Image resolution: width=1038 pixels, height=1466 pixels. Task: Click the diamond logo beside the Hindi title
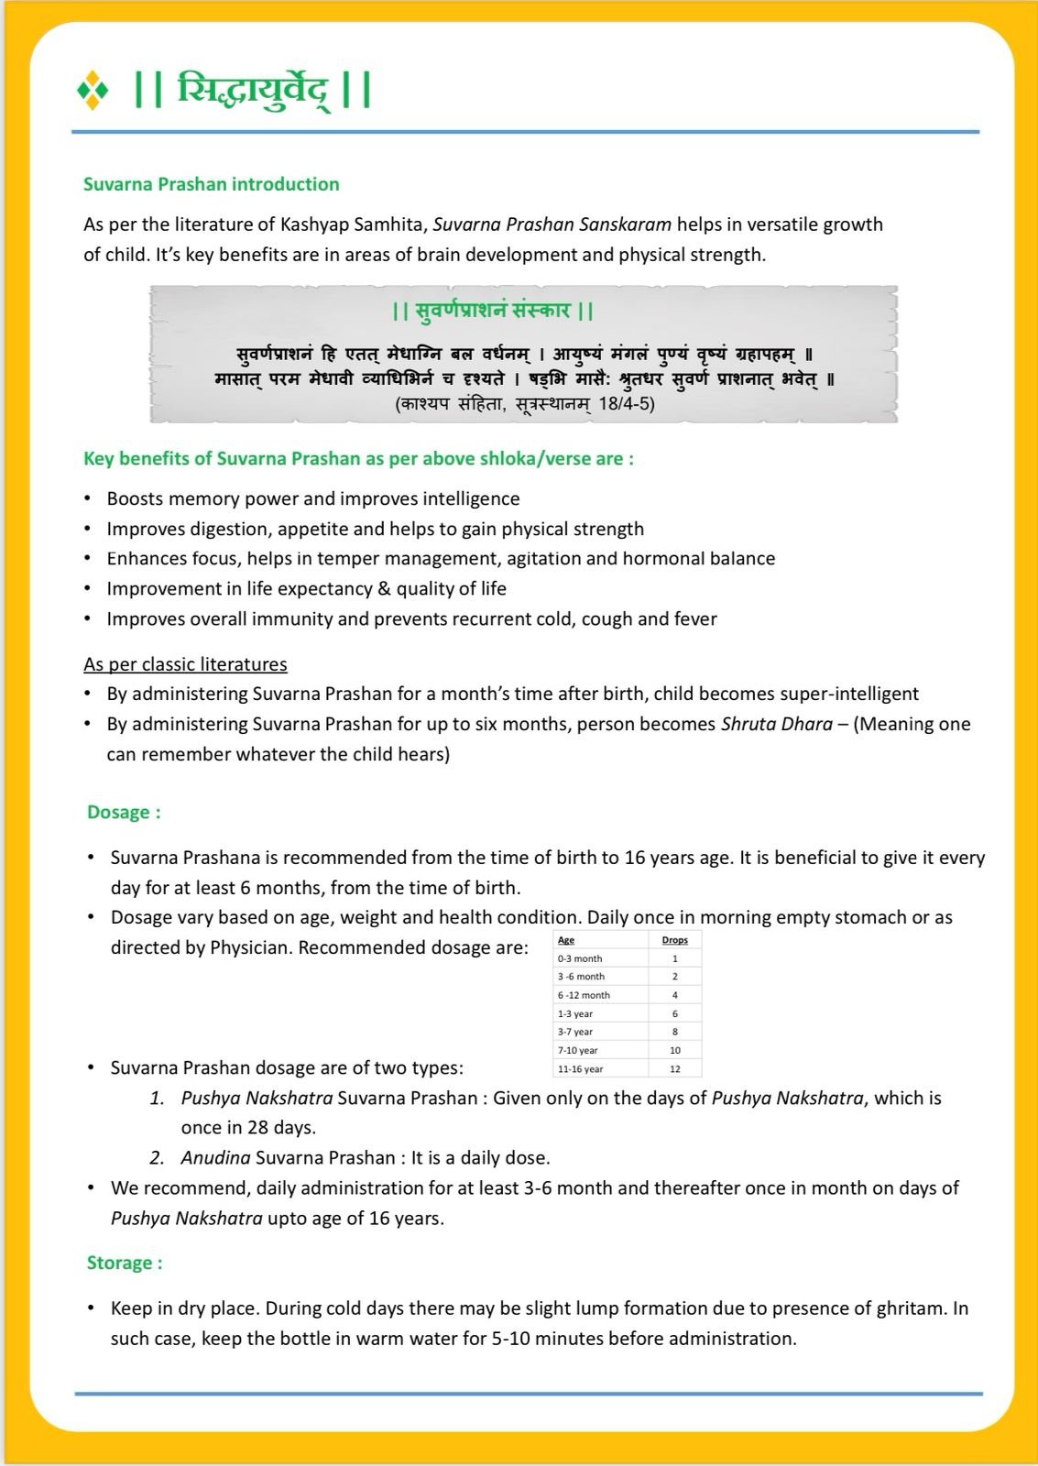point(93,92)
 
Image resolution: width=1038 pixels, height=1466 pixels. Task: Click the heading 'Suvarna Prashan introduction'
point(211,184)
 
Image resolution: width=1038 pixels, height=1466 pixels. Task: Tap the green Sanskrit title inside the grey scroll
point(493,311)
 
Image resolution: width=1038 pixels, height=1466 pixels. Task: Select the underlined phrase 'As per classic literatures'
point(185,664)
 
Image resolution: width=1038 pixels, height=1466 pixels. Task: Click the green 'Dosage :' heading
point(124,813)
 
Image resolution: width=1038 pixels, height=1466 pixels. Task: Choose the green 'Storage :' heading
point(125,1263)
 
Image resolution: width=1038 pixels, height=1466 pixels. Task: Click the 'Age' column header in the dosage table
point(566,940)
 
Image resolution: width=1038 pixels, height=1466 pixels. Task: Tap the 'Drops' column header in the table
point(674,940)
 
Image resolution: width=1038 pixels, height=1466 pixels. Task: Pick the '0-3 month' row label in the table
point(580,958)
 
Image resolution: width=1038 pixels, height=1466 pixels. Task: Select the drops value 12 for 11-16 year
point(675,1069)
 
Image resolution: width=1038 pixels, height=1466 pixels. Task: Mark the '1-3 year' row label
point(575,1014)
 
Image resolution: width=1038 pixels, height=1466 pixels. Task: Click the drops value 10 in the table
point(675,1051)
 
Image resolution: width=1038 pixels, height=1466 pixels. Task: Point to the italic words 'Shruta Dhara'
point(777,724)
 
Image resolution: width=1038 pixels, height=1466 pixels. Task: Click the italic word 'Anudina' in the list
point(215,1157)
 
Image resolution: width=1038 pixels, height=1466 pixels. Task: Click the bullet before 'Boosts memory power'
point(87,498)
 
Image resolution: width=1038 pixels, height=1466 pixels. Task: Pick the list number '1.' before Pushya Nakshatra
point(158,1098)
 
